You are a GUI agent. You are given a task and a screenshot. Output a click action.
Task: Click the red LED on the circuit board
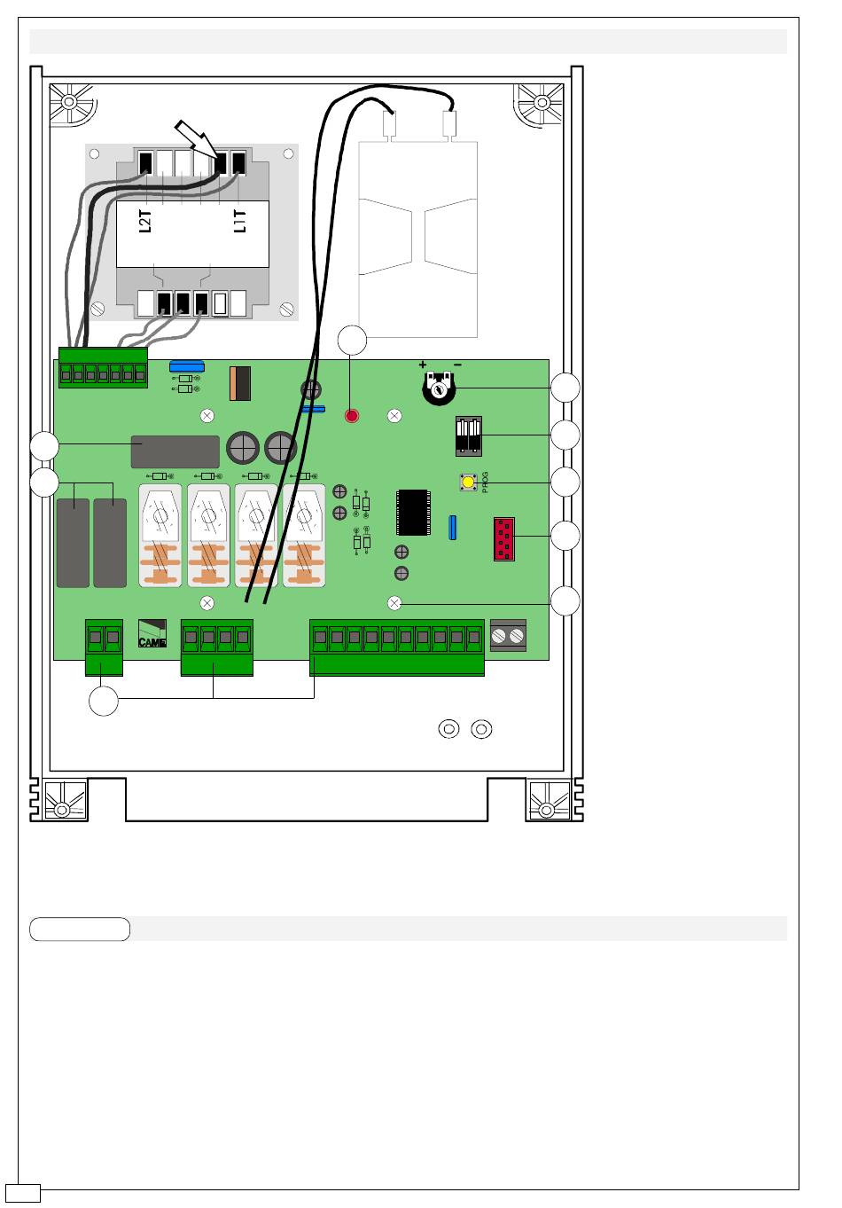(x=352, y=415)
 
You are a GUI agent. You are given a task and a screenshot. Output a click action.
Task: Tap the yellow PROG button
(x=467, y=482)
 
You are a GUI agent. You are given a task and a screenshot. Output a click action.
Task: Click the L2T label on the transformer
(x=148, y=222)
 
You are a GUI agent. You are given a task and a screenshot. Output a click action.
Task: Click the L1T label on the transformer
(x=240, y=222)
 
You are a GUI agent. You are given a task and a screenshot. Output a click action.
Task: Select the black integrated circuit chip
(x=413, y=513)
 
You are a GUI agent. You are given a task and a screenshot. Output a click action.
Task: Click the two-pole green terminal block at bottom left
(x=104, y=647)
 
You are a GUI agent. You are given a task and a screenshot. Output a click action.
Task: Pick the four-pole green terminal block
(x=216, y=647)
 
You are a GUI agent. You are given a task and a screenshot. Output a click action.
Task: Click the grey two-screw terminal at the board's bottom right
(x=508, y=635)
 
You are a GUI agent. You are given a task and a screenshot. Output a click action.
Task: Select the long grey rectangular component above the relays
(x=175, y=451)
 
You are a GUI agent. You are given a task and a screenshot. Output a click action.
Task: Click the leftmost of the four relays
(x=160, y=535)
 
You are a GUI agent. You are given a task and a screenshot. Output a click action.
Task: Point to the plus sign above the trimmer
(x=423, y=365)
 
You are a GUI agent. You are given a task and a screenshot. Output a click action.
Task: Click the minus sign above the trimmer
(x=457, y=365)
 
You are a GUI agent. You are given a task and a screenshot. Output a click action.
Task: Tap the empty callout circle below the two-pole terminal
(x=104, y=702)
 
